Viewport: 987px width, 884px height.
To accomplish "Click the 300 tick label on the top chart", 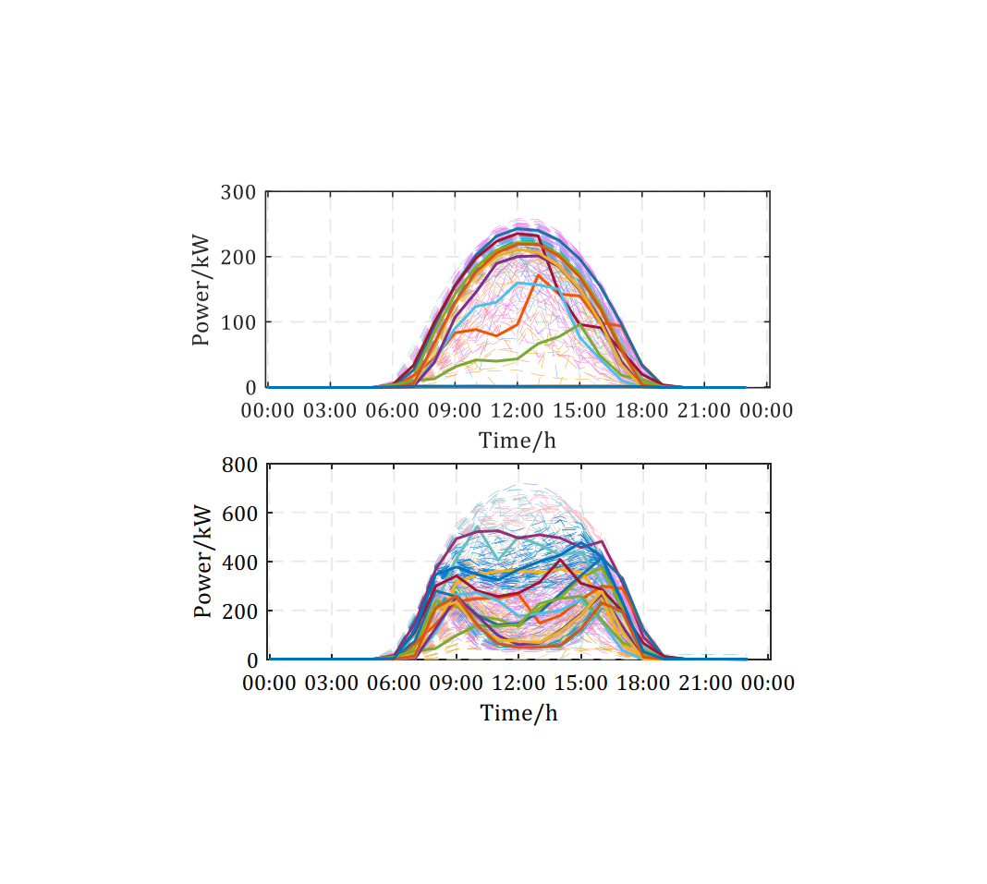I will [x=238, y=192].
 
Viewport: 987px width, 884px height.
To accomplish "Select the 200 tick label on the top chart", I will [x=238, y=257].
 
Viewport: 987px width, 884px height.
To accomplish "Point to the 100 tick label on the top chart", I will [x=238, y=322].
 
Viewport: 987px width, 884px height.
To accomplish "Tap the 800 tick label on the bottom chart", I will [x=239, y=465].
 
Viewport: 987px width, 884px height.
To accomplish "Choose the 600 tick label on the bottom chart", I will [x=239, y=514].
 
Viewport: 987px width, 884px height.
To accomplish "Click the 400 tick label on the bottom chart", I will [x=239, y=563].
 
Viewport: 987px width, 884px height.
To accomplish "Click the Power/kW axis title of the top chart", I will [x=201, y=290].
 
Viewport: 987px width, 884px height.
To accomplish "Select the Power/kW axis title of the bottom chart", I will [x=202, y=562].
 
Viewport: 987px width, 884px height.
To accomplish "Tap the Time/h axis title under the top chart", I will [x=518, y=441].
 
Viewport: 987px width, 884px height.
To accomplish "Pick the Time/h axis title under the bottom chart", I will [x=518, y=713].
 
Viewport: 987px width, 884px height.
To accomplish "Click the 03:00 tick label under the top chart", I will [x=331, y=411].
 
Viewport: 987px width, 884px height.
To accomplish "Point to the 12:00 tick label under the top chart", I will [x=518, y=411].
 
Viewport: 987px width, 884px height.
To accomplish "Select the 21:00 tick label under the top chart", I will [x=705, y=411].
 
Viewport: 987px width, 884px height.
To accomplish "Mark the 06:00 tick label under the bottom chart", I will [x=394, y=684].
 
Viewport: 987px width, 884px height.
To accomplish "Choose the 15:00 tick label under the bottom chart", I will [x=581, y=684].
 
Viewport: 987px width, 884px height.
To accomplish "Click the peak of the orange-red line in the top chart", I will [x=539, y=276].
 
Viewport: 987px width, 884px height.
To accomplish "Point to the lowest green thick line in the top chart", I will [x=499, y=359].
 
